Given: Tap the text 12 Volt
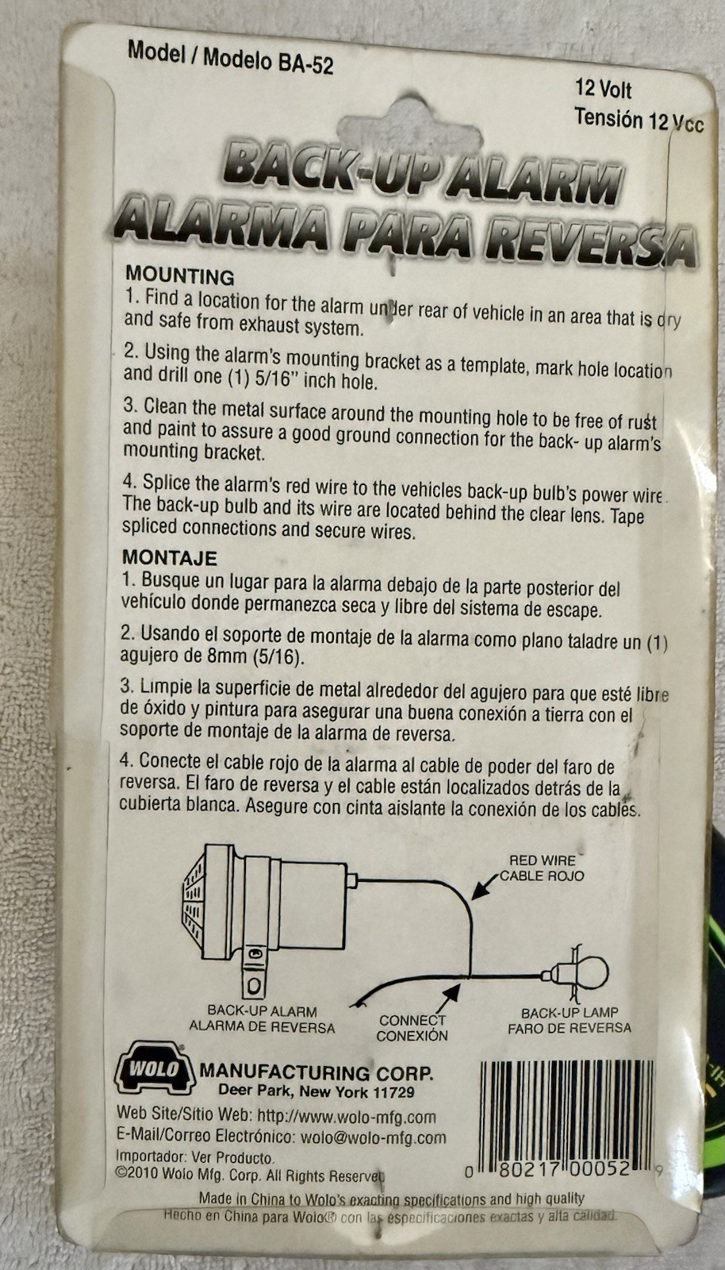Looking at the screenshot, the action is click(603, 90).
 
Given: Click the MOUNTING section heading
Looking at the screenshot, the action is click(179, 276).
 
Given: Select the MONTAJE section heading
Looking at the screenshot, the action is click(170, 558).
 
